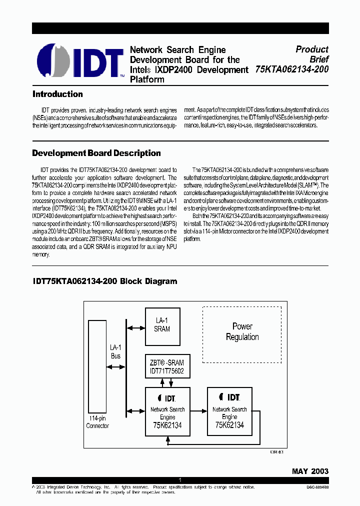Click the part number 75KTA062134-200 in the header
tap(291, 69)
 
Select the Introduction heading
tap(57, 94)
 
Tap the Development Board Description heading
tap(96, 153)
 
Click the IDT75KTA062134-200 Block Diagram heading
tap(104, 281)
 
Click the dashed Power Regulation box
tap(242, 334)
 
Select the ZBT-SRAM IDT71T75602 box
tap(166, 367)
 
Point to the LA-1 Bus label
tap(115, 351)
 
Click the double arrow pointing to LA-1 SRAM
tap(135, 328)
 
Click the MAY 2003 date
tap(310, 471)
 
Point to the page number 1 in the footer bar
tap(180, 480)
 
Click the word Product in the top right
tap(312, 49)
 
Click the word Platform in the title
tap(147, 79)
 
